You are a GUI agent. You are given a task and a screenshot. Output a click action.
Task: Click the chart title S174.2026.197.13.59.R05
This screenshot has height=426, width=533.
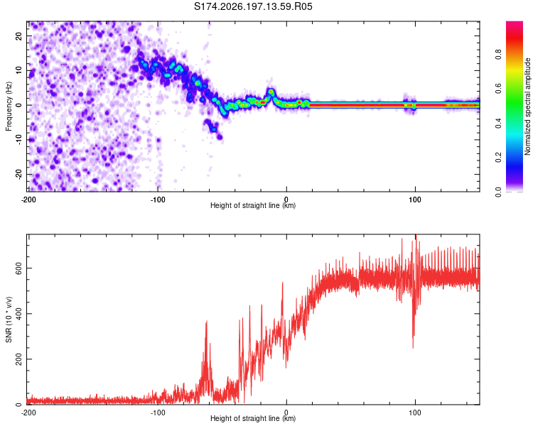tap(253, 6)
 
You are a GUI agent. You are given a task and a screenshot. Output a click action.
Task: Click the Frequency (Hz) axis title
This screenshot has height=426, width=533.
tap(9, 106)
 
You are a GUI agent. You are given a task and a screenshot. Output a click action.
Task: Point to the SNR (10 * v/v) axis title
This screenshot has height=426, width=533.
tap(9, 319)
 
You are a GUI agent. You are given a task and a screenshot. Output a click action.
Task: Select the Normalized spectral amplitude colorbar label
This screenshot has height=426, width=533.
tap(527, 106)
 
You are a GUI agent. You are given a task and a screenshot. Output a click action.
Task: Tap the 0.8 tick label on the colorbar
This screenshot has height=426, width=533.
tap(498, 55)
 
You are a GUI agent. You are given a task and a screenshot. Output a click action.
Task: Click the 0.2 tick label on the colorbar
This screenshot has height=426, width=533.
tap(498, 158)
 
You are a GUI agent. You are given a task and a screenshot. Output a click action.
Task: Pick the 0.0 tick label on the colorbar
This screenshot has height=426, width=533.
tap(498, 192)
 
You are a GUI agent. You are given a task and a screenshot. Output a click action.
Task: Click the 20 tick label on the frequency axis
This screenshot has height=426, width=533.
tap(18, 36)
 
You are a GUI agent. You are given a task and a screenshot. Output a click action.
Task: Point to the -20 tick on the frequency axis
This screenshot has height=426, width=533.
tap(18, 175)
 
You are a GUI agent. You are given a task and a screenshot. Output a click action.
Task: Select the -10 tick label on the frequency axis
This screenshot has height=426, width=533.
tap(18, 140)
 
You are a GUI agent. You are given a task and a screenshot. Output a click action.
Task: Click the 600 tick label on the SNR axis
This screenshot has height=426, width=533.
tap(18, 268)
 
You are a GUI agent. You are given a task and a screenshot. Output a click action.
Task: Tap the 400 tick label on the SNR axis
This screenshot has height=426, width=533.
tap(18, 314)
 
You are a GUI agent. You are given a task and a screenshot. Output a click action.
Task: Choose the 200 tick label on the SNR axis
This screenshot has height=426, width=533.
tap(18, 359)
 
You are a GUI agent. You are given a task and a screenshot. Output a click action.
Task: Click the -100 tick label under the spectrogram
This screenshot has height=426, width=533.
tap(157, 200)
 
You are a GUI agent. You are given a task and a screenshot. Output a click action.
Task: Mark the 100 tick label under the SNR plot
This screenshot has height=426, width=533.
tap(415, 413)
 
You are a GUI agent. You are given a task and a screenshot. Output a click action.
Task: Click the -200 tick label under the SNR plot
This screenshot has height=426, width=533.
tap(28, 413)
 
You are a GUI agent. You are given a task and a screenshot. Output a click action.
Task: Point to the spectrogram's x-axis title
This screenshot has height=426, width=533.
tap(253, 205)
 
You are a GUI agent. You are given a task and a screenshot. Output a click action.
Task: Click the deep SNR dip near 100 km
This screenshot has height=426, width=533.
tap(413, 347)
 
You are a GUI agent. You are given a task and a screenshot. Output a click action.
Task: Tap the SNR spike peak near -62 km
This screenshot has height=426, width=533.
tap(206, 322)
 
